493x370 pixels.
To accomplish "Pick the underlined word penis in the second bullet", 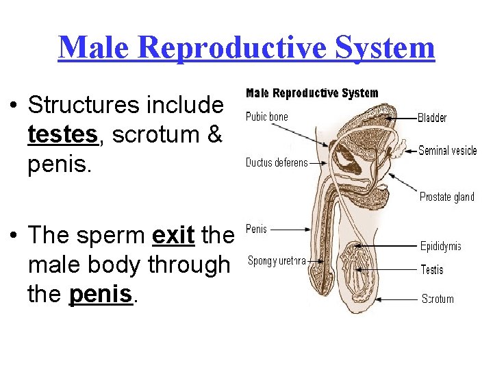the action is [100, 294].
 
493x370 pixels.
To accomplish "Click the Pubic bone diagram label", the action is [267, 116].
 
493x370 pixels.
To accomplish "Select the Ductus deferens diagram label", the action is [277, 163].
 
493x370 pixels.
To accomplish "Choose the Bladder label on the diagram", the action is [432, 117].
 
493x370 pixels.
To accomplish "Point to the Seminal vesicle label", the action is [447, 151].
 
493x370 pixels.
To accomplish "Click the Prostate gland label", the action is [446, 197].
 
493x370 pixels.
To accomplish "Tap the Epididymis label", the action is [440, 246].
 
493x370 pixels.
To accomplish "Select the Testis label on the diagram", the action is [431, 270].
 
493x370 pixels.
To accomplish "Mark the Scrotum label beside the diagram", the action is [437, 299].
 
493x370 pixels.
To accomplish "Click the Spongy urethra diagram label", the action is [277, 260].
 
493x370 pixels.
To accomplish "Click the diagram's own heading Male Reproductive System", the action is [312, 93].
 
